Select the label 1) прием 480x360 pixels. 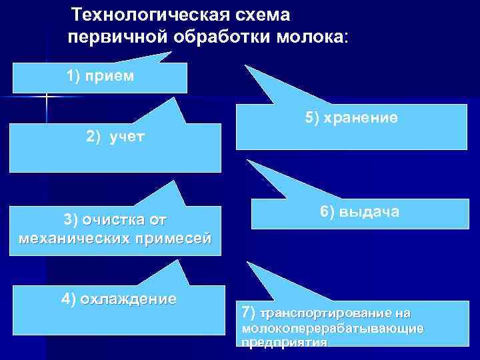coord(100,75)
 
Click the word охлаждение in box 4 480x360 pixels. coord(128,298)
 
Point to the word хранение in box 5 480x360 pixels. coord(361,118)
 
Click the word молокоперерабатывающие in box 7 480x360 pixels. coord(334,329)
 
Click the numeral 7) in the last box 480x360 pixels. coord(248,312)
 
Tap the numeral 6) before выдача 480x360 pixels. coord(327,212)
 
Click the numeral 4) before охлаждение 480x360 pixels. coord(69,298)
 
